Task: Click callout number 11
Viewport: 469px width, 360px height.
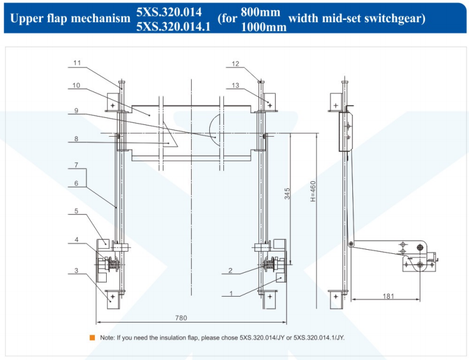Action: point(77,63)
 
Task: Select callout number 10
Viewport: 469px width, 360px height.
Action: point(76,85)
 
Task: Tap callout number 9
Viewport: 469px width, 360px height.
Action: point(76,111)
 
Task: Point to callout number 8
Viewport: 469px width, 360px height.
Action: point(76,138)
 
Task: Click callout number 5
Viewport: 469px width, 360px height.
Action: point(76,211)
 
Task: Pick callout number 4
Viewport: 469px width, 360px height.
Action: point(77,239)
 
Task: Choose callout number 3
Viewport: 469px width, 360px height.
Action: point(76,270)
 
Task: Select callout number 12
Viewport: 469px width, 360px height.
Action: point(236,64)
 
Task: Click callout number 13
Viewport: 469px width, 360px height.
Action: point(236,85)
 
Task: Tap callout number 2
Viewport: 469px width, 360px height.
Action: point(230,270)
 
